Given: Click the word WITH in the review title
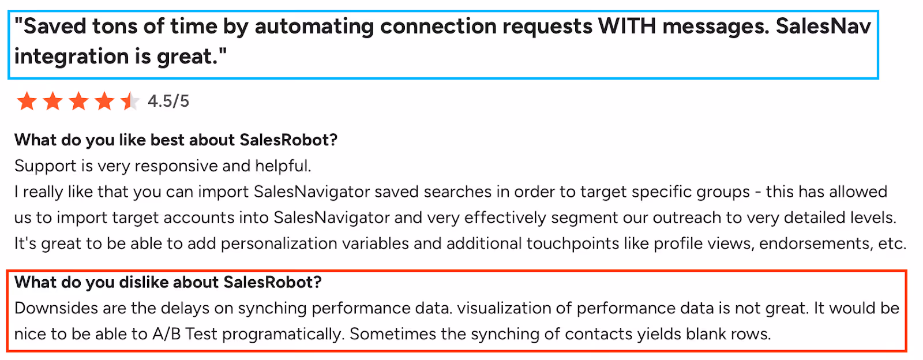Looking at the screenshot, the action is coord(627,27).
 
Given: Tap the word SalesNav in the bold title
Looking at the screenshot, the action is coord(823,27).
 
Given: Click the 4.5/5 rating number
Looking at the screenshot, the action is coord(168,102).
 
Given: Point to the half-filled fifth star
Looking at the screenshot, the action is coord(130,102).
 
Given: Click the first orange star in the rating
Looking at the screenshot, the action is coord(27,102).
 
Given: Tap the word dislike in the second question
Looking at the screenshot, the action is coord(142,282).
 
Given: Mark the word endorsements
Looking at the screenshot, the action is coord(814,244).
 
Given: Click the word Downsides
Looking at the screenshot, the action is coord(56,308).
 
